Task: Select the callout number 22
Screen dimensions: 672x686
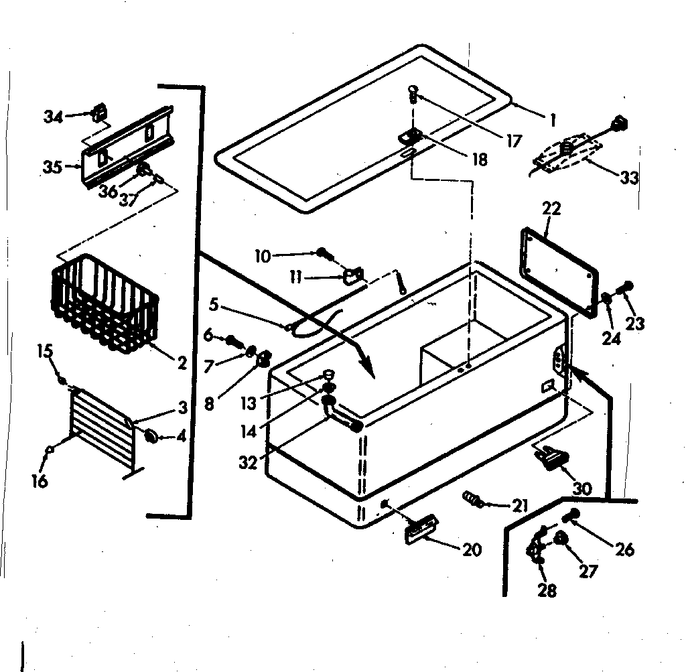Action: pos(551,209)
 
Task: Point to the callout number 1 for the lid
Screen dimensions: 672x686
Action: pos(552,121)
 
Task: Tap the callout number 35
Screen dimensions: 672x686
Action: pos(52,167)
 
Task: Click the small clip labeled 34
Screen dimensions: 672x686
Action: pos(99,113)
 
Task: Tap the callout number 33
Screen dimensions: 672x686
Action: pos(628,178)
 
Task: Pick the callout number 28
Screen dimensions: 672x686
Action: pos(547,592)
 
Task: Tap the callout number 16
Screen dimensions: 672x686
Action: pos(41,481)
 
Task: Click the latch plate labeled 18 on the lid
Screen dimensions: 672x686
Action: pos(409,136)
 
